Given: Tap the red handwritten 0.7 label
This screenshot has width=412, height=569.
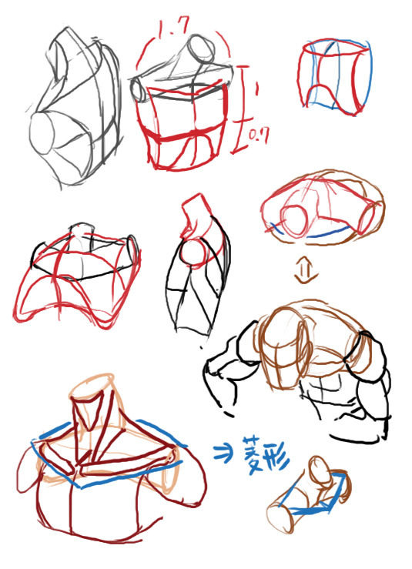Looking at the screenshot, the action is click(260, 137).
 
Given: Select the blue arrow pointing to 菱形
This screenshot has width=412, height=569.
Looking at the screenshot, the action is click(223, 454).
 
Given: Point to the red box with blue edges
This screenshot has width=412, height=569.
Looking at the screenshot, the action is click(334, 76).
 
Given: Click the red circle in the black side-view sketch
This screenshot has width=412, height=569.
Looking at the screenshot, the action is click(194, 252).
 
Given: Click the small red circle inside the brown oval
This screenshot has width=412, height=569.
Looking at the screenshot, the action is click(294, 221).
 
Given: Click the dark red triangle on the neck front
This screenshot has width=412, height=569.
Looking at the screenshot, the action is click(86, 411).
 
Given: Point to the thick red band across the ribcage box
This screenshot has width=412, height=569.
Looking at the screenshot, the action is click(187, 134).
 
